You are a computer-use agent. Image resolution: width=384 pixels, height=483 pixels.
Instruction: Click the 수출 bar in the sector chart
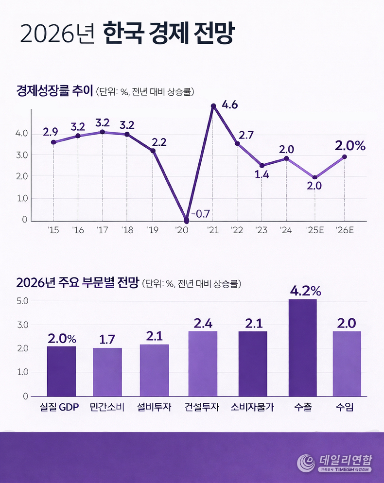tap(302, 347)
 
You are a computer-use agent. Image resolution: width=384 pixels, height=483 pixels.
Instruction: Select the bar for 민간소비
tap(107, 372)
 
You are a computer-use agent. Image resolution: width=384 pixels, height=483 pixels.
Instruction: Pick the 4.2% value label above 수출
tap(305, 291)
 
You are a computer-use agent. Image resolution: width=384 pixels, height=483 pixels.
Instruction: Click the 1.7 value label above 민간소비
tap(107, 340)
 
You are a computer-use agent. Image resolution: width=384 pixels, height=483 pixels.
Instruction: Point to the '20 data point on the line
tap(186, 220)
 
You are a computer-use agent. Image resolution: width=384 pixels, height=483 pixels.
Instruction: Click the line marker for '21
tap(213, 106)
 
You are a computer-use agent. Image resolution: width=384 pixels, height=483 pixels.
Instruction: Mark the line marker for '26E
tap(344, 156)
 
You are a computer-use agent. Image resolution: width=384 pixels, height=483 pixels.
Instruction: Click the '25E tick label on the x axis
tap(314, 230)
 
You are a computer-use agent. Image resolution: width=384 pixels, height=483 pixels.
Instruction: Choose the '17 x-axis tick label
tap(102, 230)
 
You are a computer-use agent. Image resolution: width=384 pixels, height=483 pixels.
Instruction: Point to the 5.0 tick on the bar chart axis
tap(22, 301)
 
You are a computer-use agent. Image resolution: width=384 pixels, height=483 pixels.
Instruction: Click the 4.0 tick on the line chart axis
tap(21, 134)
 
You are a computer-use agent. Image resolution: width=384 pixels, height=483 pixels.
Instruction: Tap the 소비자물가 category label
tap(252, 408)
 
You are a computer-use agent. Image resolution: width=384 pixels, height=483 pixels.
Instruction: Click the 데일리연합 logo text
tap(346, 459)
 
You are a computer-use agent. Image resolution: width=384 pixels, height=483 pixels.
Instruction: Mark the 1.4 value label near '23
tap(262, 175)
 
